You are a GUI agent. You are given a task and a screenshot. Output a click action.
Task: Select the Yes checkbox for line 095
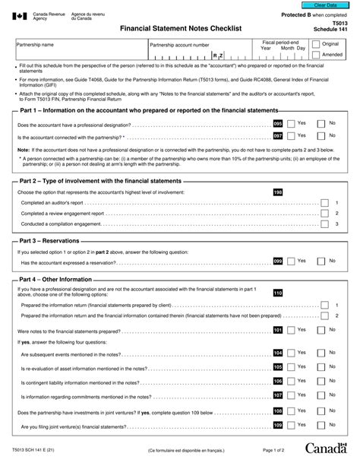(x=289, y=122)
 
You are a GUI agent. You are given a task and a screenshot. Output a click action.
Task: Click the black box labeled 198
(x=277, y=192)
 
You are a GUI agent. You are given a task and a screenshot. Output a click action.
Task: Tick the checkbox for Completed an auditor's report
(x=324, y=203)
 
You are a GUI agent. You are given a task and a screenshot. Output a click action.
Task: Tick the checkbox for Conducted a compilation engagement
(x=324, y=225)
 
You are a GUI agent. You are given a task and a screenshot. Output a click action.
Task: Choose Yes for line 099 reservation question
(x=289, y=261)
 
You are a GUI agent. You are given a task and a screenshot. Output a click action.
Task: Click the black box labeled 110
(x=277, y=293)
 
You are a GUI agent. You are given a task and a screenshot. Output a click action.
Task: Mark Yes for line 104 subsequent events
(x=289, y=353)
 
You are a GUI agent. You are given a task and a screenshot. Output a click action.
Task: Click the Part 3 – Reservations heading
(x=55, y=239)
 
